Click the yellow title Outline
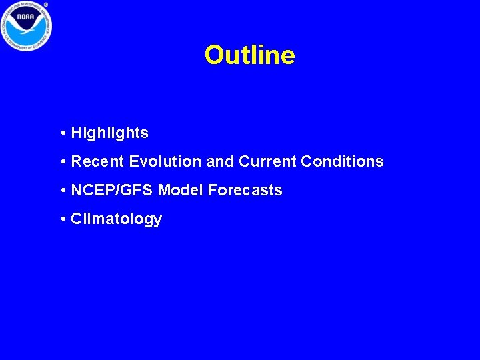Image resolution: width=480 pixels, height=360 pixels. click(x=249, y=55)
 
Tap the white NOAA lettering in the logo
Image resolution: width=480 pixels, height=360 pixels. click(x=26, y=15)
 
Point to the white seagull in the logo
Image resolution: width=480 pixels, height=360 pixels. click(x=26, y=27)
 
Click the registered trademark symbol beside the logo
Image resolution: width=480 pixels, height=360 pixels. click(x=47, y=5)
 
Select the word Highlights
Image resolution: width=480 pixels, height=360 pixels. click(x=109, y=133)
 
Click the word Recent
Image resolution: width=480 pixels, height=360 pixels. click(x=97, y=161)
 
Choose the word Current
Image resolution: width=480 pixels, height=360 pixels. click(x=267, y=161)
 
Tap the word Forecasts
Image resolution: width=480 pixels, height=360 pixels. click(x=245, y=190)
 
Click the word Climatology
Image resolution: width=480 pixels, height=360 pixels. click(x=116, y=219)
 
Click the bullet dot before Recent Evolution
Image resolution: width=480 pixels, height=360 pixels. click(x=62, y=162)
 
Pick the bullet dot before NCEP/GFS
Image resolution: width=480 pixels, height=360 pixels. click(x=62, y=191)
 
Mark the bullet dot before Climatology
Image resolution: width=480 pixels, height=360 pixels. click(x=62, y=219)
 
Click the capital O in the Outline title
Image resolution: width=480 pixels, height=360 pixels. click(x=215, y=55)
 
